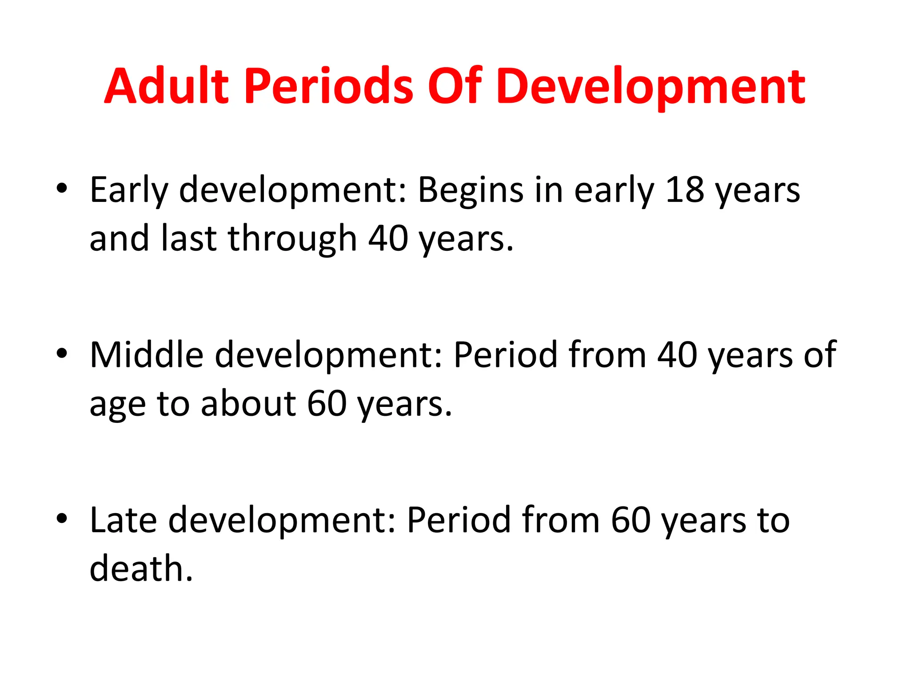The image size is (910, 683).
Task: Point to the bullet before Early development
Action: [x=62, y=188]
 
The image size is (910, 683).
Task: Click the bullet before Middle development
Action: [x=62, y=353]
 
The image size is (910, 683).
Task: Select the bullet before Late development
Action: [x=62, y=518]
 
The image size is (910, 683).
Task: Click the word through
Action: [x=292, y=239]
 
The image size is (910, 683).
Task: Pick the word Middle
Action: [x=147, y=355]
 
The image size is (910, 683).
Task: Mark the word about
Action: [x=248, y=404]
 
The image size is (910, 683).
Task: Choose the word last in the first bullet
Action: [x=188, y=239]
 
